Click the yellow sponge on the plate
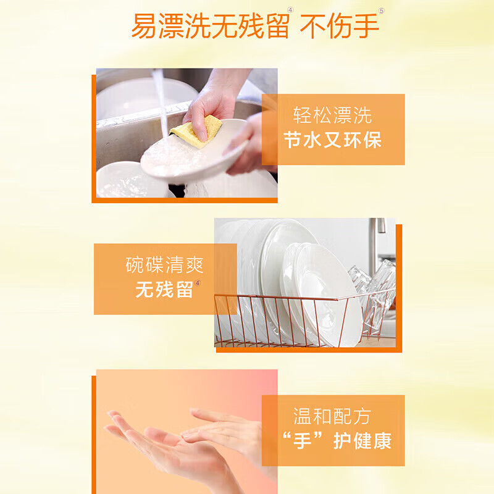tap(195, 132)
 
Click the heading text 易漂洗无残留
tap(210, 27)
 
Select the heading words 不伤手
tap(339, 27)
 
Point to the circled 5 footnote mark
tap(382, 11)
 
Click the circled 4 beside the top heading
tap(290, 10)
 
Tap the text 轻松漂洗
tap(332, 115)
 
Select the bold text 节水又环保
tap(333, 140)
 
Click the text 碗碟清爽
tap(164, 265)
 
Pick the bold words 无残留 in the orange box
tap(164, 289)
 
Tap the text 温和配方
tap(332, 416)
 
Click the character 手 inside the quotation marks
tap(303, 440)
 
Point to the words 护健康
tap(362, 440)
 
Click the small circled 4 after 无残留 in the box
tap(198, 283)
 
